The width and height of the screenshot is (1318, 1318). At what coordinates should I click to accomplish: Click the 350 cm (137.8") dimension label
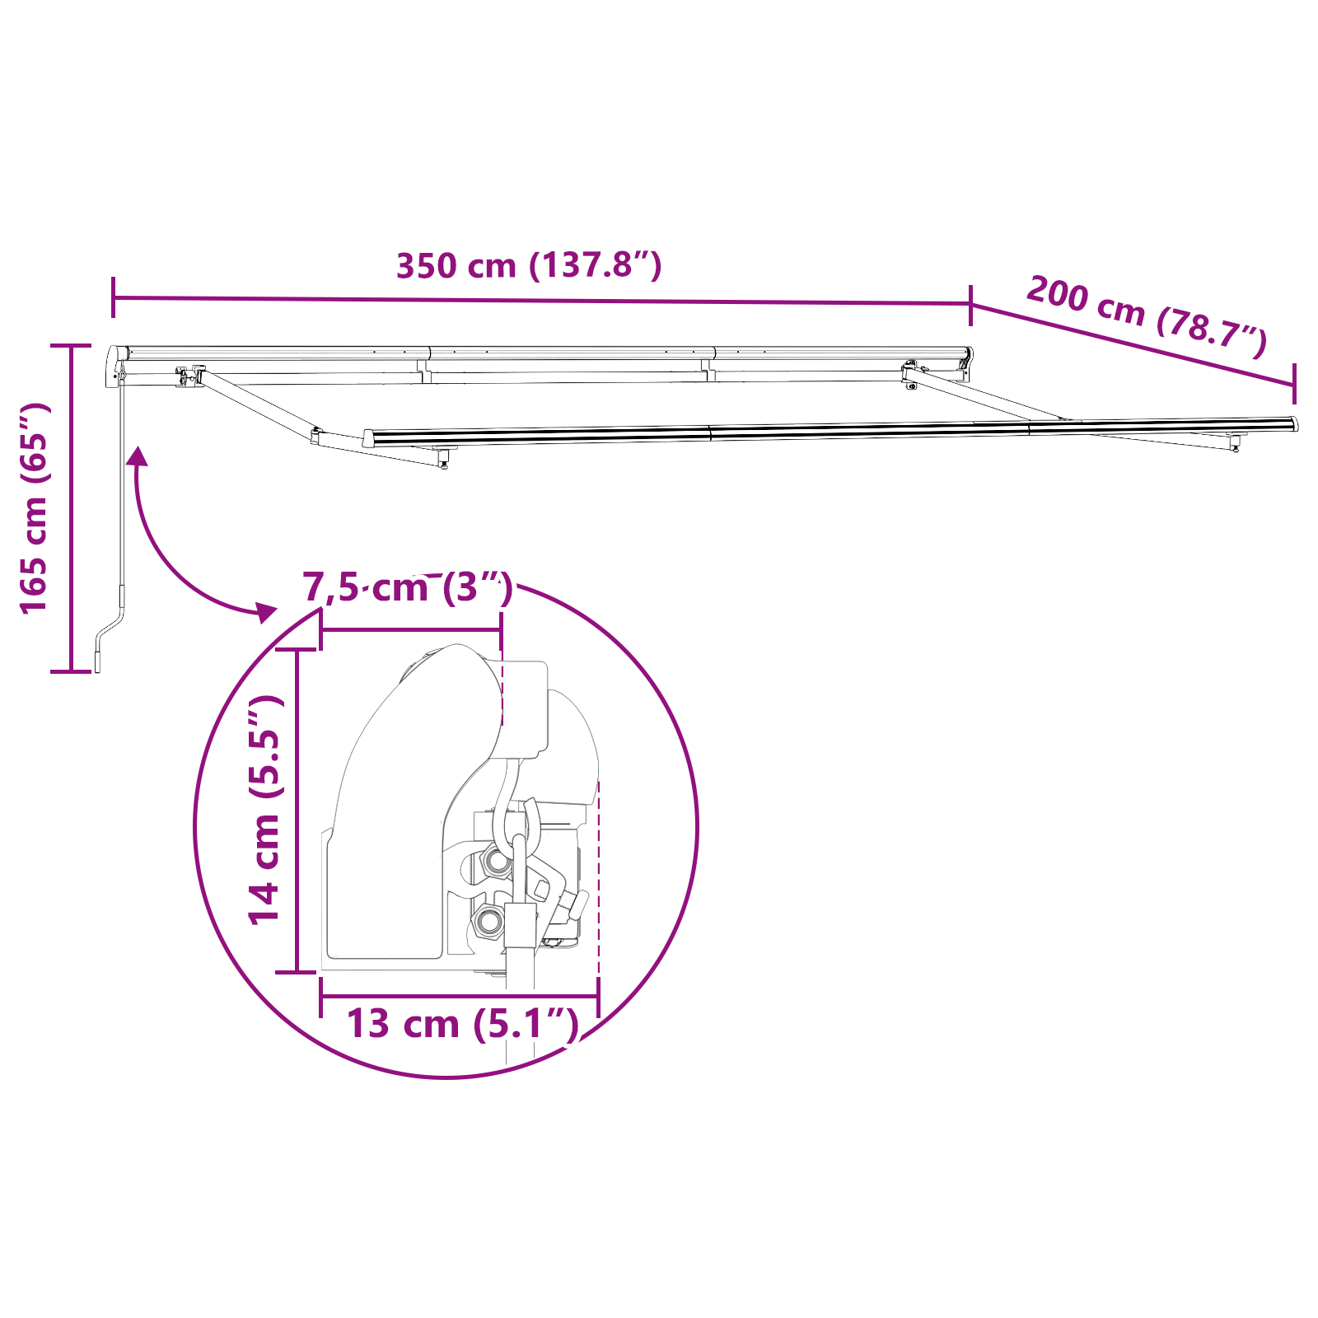[x=529, y=265]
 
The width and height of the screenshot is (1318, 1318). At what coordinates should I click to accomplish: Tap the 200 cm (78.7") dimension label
[x=1146, y=316]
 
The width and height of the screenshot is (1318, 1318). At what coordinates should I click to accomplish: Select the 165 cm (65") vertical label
[x=35, y=508]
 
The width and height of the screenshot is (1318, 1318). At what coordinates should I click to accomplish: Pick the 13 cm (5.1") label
[x=462, y=1024]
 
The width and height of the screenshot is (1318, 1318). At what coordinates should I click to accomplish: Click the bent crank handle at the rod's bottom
[x=109, y=634]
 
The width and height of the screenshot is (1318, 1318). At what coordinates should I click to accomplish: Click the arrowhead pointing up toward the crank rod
[x=137, y=456]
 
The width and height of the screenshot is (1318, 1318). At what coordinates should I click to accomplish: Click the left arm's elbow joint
[x=316, y=436]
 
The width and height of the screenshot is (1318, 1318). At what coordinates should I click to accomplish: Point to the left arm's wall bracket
[x=190, y=376]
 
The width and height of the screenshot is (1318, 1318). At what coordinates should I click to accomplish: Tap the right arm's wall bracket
[x=909, y=375]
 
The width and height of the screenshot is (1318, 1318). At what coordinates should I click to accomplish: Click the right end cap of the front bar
[x=1293, y=424]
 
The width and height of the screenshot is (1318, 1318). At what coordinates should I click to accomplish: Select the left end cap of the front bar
[x=368, y=437]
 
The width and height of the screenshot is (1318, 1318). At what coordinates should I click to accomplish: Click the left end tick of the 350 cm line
[x=113, y=297]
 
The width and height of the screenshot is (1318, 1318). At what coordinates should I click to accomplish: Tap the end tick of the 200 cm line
[x=1294, y=383]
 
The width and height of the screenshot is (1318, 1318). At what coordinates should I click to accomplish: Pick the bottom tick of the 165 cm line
[x=71, y=671]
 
